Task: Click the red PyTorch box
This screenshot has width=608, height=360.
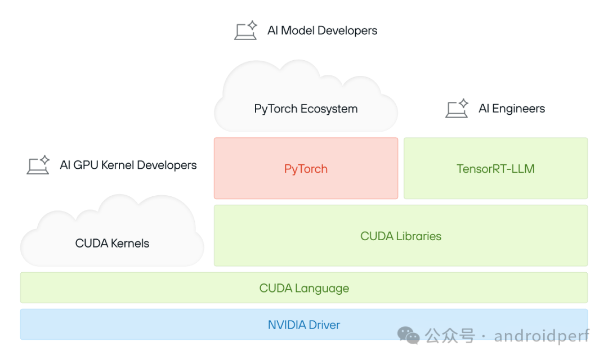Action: pyautogui.click(x=306, y=169)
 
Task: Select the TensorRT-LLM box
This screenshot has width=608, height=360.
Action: pyautogui.click(x=495, y=169)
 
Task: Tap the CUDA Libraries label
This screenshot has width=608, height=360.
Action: pyautogui.click(x=401, y=236)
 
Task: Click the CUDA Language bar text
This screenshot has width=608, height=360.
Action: pyautogui.click(x=304, y=288)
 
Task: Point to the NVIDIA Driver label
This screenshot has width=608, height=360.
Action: pyautogui.click(x=304, y=325)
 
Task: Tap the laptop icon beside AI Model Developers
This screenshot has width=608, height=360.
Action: pyautogui.click(x=245, y=30)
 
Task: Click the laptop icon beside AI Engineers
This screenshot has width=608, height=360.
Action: pyautogui.click(x=457, y=108)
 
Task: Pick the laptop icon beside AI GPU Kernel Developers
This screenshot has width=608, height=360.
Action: pyautogui.click(x=38, y=165)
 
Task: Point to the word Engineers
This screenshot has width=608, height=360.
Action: pyautogui.click(x=518, y=109)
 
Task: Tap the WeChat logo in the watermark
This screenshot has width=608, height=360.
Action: pyautogui.click(x=409, y=336)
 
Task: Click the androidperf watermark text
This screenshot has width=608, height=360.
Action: pyautogui.click(x=542, y=336)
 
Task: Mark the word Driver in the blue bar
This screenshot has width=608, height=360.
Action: pyautogui.click(x=323, y=325)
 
